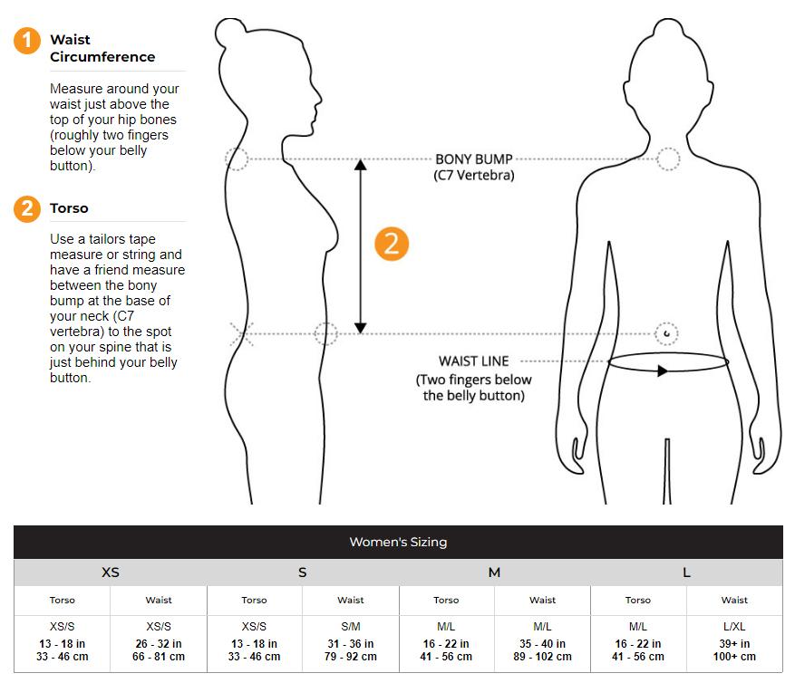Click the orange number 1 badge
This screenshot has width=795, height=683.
27,41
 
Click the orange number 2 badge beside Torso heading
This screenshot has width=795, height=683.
27,208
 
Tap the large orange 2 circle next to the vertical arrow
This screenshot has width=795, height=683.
392,244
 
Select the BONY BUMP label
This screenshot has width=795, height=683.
474,159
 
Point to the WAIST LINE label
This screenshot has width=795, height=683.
473,361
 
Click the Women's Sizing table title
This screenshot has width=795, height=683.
398,542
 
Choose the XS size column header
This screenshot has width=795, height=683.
110,572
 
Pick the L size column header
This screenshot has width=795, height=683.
686,572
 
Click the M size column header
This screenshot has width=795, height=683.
494,572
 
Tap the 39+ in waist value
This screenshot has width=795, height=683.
734,643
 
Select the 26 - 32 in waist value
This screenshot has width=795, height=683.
159,643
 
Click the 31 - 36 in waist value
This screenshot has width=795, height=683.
350,643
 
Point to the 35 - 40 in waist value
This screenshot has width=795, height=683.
542,643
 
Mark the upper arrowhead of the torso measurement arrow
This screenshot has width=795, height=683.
361,165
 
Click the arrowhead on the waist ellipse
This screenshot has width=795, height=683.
662,370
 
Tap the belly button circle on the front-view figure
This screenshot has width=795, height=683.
666,333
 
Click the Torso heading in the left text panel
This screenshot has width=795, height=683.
69,208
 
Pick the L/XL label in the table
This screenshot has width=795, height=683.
734,627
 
